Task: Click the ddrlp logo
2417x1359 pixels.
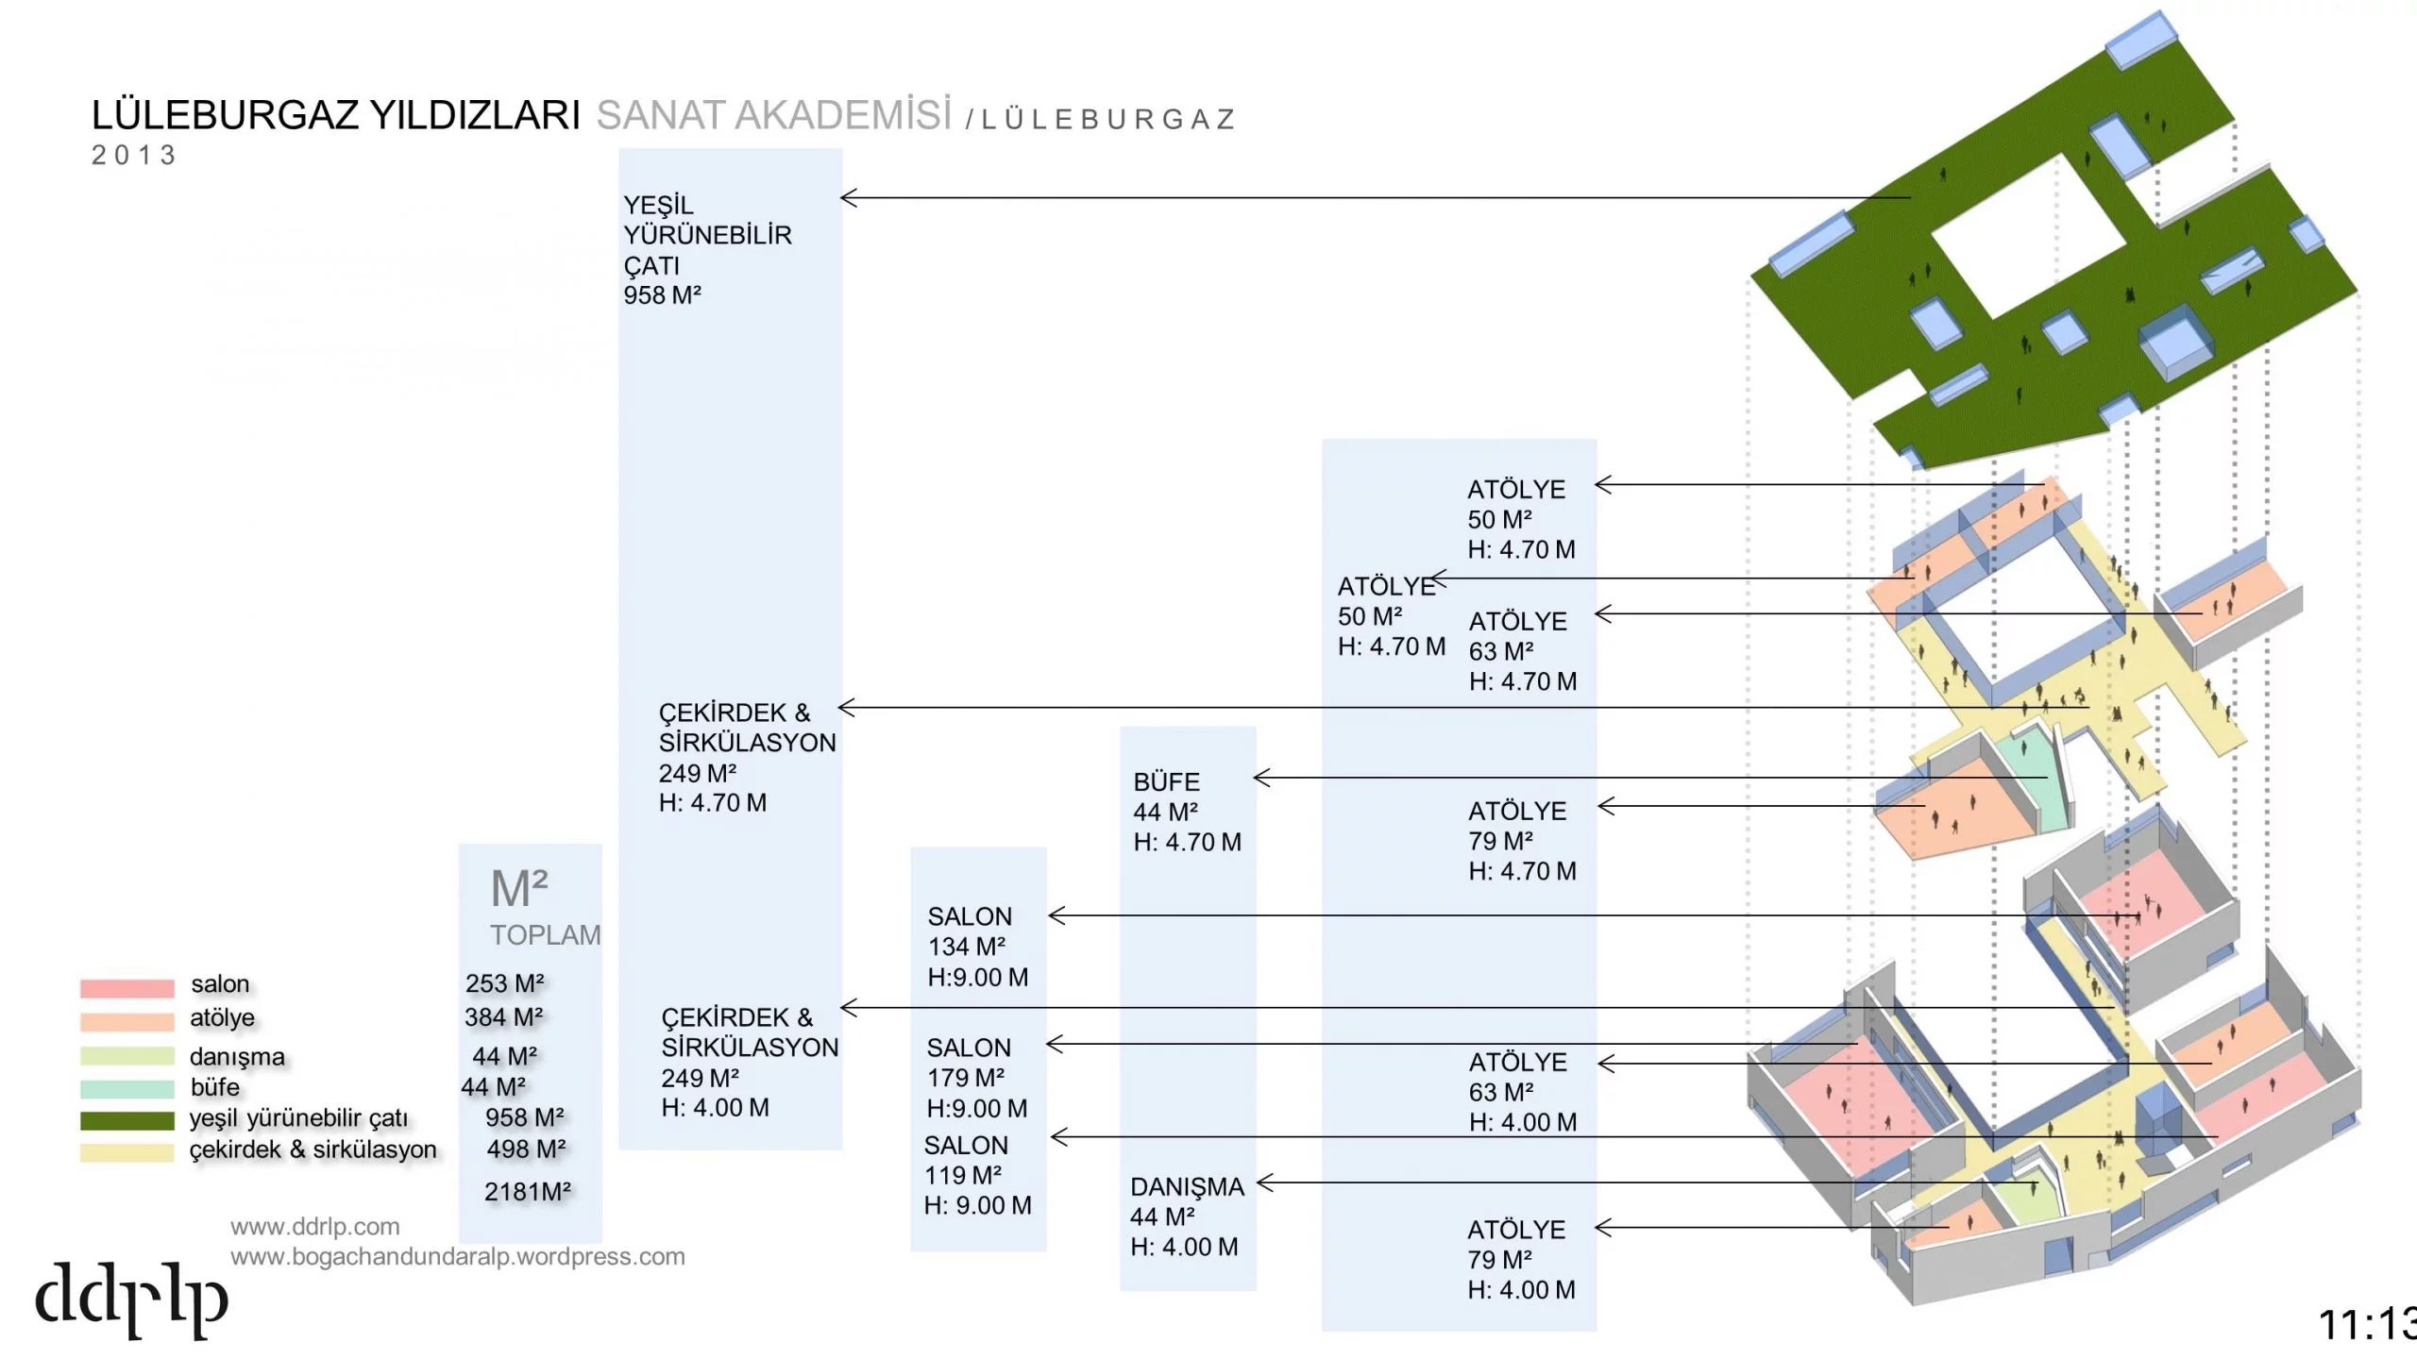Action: [x=131, y=1300]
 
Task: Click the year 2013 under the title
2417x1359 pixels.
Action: [x=134, y=156]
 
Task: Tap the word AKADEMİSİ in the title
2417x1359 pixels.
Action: [x=843, y=116]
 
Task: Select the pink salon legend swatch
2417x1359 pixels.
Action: [x=127, y=987]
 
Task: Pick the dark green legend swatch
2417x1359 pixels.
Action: [x=127, y=1120]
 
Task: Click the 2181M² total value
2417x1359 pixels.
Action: [x=527, y=1192]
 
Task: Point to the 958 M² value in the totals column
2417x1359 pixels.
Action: [x=524, y=1117]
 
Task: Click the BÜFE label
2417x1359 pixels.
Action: [x=1166, y=782]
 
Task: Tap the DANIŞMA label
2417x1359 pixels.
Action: [x=1187, y=1187]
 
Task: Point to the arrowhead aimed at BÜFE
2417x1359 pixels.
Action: [x=1261, y=778]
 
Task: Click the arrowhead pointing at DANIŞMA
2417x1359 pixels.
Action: [x=1265, y=1183]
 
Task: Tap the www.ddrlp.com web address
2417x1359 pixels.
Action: [x=314, y=1227]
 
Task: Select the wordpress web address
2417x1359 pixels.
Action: [x=457, y=1257]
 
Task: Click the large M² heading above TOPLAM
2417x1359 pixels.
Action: [x=519, y=889]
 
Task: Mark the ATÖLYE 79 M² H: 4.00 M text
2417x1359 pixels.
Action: [x=1521, y=1260]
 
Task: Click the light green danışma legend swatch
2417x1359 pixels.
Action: [x=127, y=1056]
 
